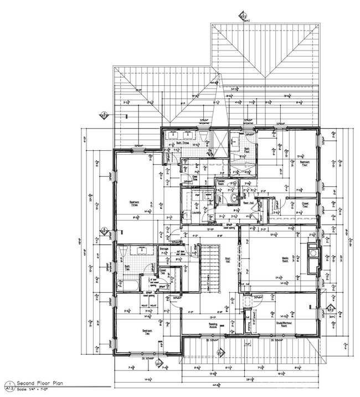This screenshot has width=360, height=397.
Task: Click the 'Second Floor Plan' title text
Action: click(x=34, y=383)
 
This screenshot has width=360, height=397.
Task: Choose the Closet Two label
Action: click(x=163, y=273)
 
